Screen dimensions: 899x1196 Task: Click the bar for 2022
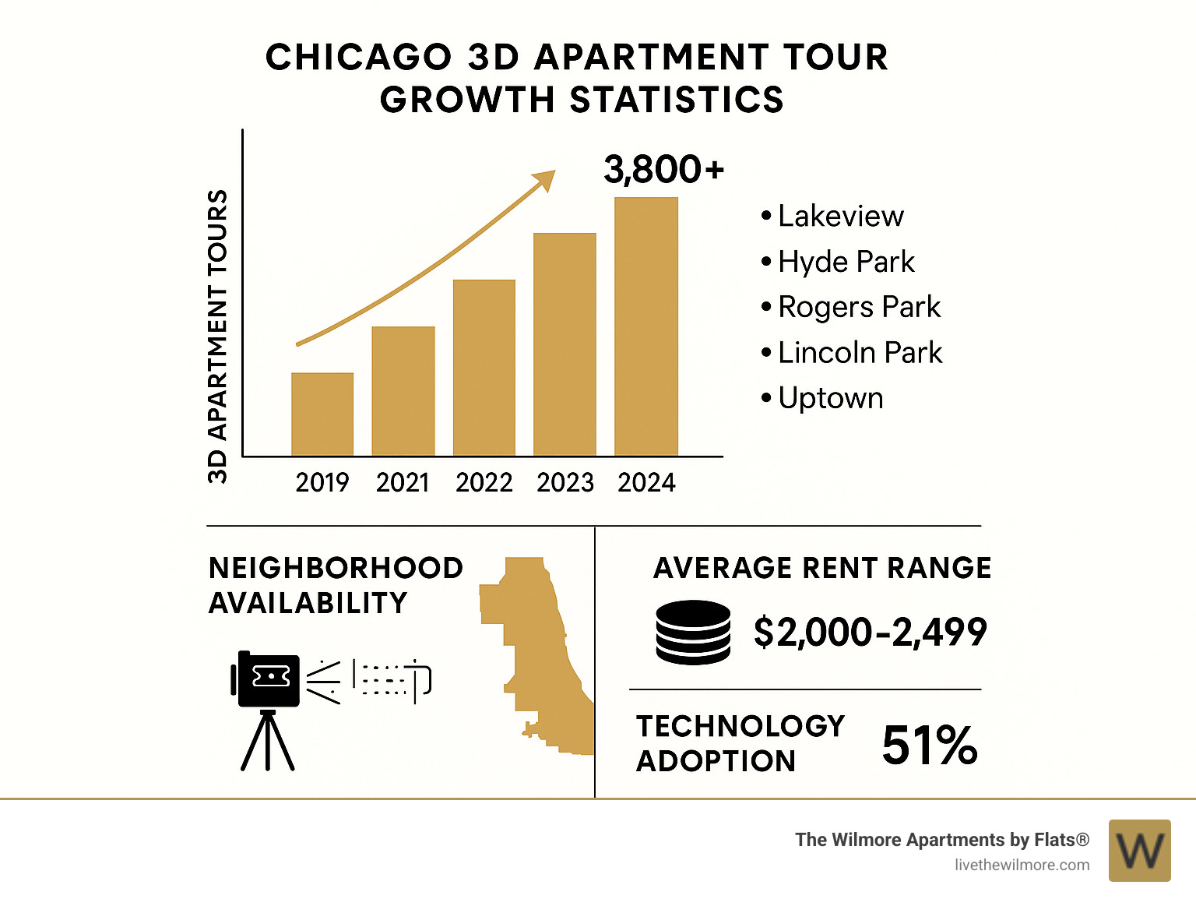pyautogui.click(x=484, y=367)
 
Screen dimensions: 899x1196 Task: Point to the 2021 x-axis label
pyautogui.click(x=403, y=483)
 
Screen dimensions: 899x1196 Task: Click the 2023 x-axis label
pyautogui.click(x=565, y=483)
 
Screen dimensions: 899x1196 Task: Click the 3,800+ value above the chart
pyautogui.click(x=663, y=169)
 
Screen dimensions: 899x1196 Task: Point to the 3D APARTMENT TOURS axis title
pyautogui.click(x=218, y=336)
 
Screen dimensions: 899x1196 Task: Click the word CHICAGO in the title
pyautogui.click(x=359, y=58)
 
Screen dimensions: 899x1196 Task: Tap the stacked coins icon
pyautogui.click(x=693, y=632)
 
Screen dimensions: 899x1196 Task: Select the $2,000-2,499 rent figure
pyautogui.click(x=870, y=632)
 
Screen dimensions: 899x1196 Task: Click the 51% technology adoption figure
pyautogui.click(x=929, y=745)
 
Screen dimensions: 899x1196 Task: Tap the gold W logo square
pyautogui.click(x=1139, y=851)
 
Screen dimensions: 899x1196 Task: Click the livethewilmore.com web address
pyautogui.click(x=1022, y=865)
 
